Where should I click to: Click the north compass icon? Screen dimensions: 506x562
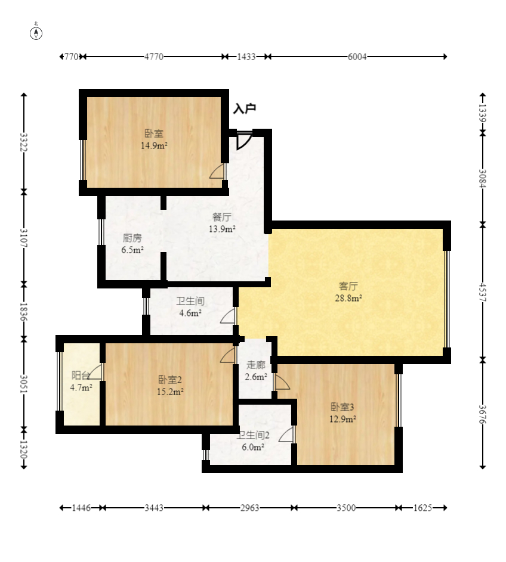pyautogui.click(x=36, y=33)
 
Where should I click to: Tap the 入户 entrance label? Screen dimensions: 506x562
pyautogui.click(x=245, y=108)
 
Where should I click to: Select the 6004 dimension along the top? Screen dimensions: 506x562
pyautogui.click(x=357, y=57)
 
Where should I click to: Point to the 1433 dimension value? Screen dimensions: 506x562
pyautogui.click(x=246, y=57)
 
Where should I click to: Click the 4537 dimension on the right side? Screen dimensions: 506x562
pyautogui.click(x=483, y=292)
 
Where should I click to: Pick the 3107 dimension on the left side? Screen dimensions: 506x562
pyautogui.click(x=24, y=238)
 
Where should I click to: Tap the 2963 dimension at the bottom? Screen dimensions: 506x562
pyautogui.click(x=249, y=508)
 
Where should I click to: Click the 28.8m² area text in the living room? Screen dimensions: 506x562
pyautogui.click(x=348, y=298)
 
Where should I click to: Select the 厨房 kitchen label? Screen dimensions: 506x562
pyautogui.click(x=132, y=238)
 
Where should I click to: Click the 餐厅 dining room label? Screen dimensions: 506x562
pyautogui.click(x=222, y=217)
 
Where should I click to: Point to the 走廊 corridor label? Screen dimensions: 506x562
pyautogui.click(x=255, y=365)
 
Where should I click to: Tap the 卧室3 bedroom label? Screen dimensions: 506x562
pyautogui.click(x=343, y=407)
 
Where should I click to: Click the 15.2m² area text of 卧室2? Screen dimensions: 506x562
pyautogui.click(x=170, y=392)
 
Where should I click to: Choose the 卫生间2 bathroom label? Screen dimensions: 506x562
pyautogui.click(x=253, y=436)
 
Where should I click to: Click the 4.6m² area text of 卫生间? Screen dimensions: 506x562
pyautogui.click(x=190, y=313)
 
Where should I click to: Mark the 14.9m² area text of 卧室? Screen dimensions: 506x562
pyautogui.click(x=154, y=145)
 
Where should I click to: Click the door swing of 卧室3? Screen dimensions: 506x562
pyautogui.click(x=282, y=382)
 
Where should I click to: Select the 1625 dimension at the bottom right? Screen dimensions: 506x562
pyautogui.click(x=422, y=508)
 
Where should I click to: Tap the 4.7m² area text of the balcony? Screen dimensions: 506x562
pyautogui.click(x=81, y=387)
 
